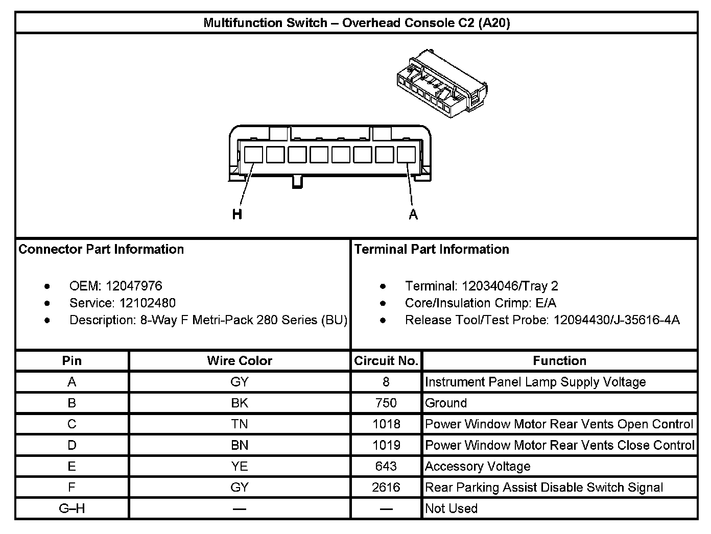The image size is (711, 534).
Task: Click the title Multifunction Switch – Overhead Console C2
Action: (x=357, y=23)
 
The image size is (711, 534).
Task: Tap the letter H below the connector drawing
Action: (x=237, y=214)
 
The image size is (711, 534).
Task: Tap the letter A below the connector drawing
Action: (x=413, y=214)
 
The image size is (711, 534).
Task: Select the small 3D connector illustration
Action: (x=441, y=84)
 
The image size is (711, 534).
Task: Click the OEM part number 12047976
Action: (x=134, y=286)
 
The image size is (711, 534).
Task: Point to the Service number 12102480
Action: (x=148, y=303)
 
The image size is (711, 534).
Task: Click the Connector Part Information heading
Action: (x=101, y=249)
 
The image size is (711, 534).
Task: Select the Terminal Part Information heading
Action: (x=432, y=249)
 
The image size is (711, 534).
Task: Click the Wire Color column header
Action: (x=240, y=361)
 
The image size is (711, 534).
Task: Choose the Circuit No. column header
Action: (x=387, y=361)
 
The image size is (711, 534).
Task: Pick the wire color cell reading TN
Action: (x=240, y=424)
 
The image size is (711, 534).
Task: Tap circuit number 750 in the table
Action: (x=386, y=403)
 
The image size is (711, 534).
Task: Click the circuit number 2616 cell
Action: (x=386, y=488)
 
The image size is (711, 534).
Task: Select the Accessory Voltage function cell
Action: (x=478, y=467)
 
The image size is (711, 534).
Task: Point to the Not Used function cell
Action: (x=451, y=508)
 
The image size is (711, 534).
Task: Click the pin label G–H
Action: (x=72, y=508)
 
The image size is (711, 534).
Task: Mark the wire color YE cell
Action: (x=240, y=467)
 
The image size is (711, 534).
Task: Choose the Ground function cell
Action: (x=446, y=403)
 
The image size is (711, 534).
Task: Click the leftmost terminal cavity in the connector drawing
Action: (x=253, y=154)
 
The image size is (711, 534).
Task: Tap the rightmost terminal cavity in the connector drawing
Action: (x=406, y=154)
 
